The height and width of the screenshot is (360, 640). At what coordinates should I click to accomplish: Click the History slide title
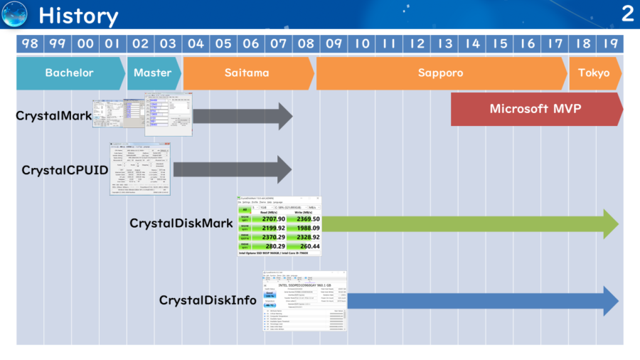78,15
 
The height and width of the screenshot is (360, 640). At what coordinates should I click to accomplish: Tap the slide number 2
626,14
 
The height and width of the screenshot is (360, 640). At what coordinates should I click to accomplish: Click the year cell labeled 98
30,43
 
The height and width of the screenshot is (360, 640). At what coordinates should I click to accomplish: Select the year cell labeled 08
306,43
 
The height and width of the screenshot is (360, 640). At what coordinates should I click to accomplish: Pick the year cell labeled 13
445,43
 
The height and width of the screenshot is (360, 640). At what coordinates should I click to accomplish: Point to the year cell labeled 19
610,43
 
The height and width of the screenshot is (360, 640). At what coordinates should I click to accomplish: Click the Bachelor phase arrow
70,73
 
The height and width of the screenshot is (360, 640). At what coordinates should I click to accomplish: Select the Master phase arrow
153,73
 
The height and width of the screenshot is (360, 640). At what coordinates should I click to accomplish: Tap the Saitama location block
247,73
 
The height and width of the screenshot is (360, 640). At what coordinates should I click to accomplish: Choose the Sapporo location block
441,73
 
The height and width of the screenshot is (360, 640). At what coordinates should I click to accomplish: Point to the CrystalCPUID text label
65,170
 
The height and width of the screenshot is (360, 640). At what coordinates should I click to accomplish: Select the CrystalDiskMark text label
181,223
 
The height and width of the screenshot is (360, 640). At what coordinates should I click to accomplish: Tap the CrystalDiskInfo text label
208,300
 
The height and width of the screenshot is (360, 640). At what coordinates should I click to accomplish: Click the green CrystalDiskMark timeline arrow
469,224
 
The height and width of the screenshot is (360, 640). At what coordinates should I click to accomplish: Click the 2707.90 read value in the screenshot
272,219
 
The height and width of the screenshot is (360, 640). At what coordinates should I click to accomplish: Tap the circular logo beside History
15,14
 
